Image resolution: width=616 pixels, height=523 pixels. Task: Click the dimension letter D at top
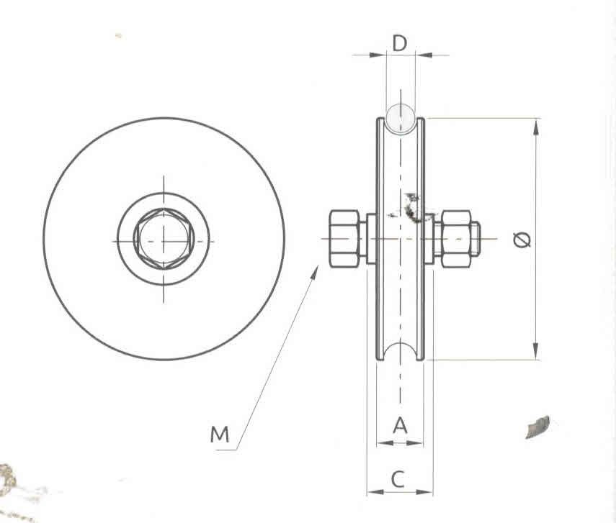[400, 42]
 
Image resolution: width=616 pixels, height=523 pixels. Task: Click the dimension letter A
[400, 426]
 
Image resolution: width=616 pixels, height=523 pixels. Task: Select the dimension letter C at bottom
[400, 478]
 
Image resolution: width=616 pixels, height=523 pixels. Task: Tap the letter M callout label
[220, 434]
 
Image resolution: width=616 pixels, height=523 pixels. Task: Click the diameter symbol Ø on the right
[523, 239]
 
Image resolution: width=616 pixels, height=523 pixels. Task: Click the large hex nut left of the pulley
[344, 238]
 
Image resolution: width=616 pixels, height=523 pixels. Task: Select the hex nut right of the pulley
[456, 238]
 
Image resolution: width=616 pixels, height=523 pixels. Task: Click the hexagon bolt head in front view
[164, 239]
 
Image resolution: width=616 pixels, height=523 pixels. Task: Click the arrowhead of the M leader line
[316, 270]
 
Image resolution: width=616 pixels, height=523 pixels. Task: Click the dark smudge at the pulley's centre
[413, 208]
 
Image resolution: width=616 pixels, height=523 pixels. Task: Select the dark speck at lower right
[537, 427]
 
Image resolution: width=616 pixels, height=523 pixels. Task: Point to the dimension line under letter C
[400, 493]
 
